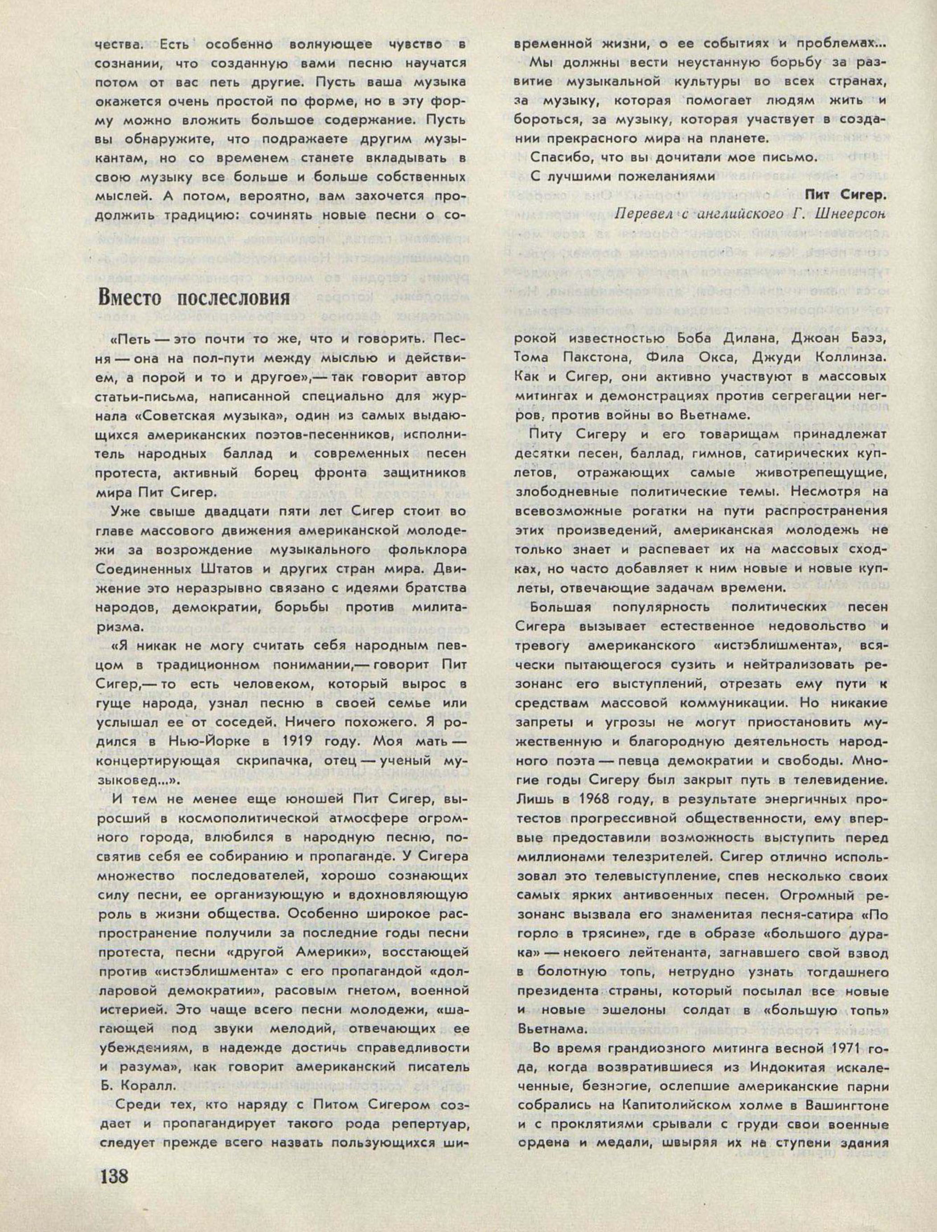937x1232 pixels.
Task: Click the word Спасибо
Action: [558, 157]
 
